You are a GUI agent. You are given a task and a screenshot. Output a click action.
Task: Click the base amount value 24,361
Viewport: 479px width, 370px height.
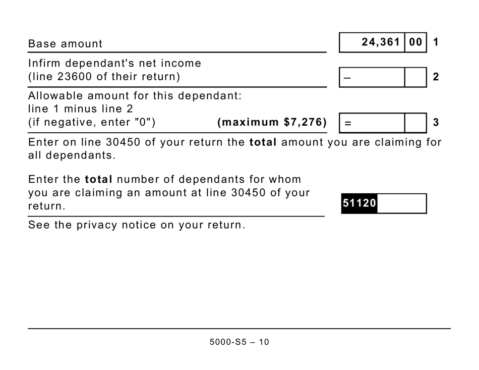point(380,42)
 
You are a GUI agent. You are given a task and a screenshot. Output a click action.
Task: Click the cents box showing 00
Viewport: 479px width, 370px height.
point(415,42)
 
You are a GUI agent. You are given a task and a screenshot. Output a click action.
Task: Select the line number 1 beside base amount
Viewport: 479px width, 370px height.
point(436,42)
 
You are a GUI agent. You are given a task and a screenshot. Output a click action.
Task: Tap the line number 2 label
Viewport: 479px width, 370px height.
point(436,77)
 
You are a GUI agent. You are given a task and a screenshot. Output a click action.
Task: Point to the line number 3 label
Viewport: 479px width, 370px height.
point(436,122)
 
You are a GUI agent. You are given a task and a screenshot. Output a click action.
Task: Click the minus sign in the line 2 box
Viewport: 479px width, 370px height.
point(347,78)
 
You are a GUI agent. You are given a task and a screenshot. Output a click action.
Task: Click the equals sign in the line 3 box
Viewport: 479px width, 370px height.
point(347,123)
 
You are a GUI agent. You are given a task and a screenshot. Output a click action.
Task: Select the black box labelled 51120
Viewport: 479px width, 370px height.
point(359,203)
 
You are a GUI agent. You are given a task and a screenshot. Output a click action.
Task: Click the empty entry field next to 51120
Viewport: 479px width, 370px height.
point(401,203)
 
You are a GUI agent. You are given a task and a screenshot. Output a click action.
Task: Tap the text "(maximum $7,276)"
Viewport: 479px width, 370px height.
point(272,122)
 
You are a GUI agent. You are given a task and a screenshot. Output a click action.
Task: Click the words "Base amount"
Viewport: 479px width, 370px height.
point(65,44)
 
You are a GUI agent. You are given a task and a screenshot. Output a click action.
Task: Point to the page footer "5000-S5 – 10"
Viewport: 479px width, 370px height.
point(239,342)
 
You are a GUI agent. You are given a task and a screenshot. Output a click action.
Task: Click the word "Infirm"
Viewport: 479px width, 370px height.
point(43,64)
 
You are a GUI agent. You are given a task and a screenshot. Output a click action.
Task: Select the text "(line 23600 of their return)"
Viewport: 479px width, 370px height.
point(104,77)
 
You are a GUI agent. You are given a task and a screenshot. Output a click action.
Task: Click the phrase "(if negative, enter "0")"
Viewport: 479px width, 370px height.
point(92,122)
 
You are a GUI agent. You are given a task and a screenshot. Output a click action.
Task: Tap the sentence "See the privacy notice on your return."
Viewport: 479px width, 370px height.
point(137,225)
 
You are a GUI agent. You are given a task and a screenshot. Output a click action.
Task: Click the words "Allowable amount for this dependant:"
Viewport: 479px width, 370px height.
point(135,95)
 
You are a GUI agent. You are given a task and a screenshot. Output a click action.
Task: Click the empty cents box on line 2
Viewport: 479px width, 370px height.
point(415,77)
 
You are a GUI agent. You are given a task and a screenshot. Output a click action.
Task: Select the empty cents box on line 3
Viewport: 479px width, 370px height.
point(415,122)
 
